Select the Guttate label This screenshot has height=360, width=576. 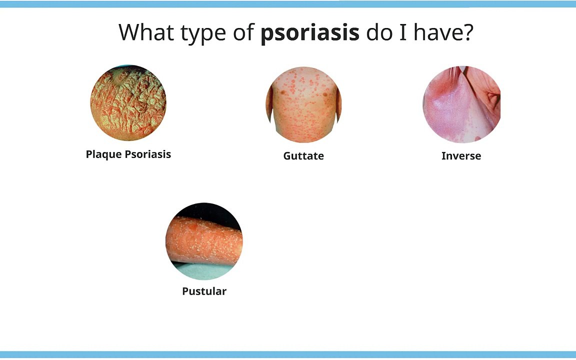click(303, 156)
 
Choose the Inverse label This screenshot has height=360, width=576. click(461, 156)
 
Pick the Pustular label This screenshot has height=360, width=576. click(204, 291)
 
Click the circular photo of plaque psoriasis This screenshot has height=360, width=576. click(128, 103)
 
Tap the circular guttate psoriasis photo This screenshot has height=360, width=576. click(303, 104)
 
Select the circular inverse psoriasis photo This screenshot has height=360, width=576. click(461, 104)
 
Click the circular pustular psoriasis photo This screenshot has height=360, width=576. click(204, 241)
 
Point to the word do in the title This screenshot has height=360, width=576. click(378, 32)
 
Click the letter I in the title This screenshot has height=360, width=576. click(402, 32)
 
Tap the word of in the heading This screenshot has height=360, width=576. click(243, 32)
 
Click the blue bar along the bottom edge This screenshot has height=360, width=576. click(288, 355)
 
